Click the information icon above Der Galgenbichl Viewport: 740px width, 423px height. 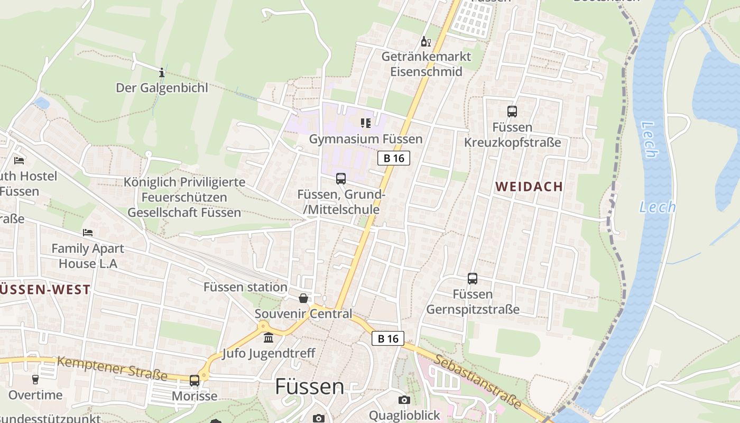coord(162,72)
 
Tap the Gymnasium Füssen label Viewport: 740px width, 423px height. coord(366,139)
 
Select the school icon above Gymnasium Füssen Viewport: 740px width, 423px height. coord(365,123)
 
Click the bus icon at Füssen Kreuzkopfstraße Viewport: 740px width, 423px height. coord(512,112)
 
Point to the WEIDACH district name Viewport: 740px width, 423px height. coord(529,187)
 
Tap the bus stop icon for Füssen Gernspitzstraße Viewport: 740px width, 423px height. coord(473,278)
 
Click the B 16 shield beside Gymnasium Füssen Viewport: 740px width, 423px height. coord(394,158)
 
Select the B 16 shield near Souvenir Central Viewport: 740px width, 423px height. coord(387,338)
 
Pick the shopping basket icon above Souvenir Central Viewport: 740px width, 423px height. coord(303,298)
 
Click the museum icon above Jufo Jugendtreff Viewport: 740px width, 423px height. coord(269,337)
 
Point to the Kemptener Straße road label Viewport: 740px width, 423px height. coord(112,369)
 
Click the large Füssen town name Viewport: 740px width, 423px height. coord(310,387)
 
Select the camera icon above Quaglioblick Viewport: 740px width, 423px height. coord(404,400)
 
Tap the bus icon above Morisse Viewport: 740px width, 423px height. coord(195,380)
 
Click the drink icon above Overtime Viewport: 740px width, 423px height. coord(35,379)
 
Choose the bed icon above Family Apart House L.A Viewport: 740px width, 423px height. coord(88,233)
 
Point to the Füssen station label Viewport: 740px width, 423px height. coord(245,287)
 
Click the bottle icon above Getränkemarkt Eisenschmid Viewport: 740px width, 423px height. coord(425,41)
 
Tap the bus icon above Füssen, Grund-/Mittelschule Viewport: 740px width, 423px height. coord(341,179)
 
